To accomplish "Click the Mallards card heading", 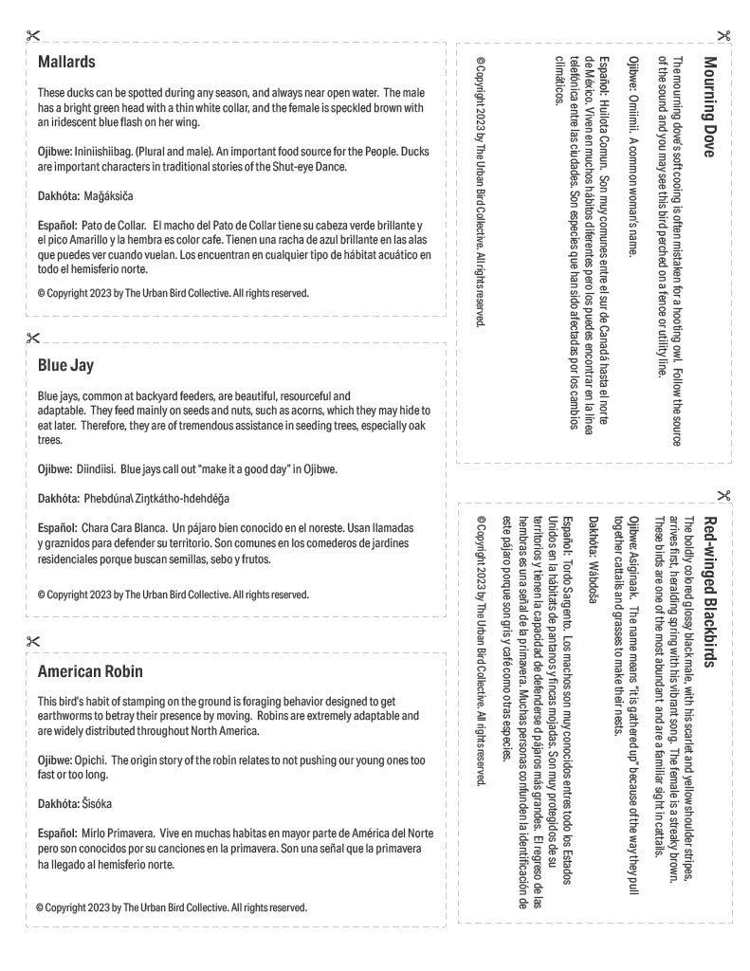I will [x=66, y=62].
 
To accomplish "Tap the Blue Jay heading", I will [x=65, y=365].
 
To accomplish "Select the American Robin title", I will [x=90, y=671].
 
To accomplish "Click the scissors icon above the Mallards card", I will [x=33, y=37].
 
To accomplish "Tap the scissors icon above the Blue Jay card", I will [x=33, y=339].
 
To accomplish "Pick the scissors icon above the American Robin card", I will [x=33, y=642].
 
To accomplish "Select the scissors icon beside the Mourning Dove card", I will [x=723, y=37].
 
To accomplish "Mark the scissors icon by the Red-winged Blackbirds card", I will [x=723, y=494].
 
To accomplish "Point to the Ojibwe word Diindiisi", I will [x=96, y=468].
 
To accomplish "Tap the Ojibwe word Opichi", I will [x=93, y=760].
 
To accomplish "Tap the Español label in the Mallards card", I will [x=57, y=225].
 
